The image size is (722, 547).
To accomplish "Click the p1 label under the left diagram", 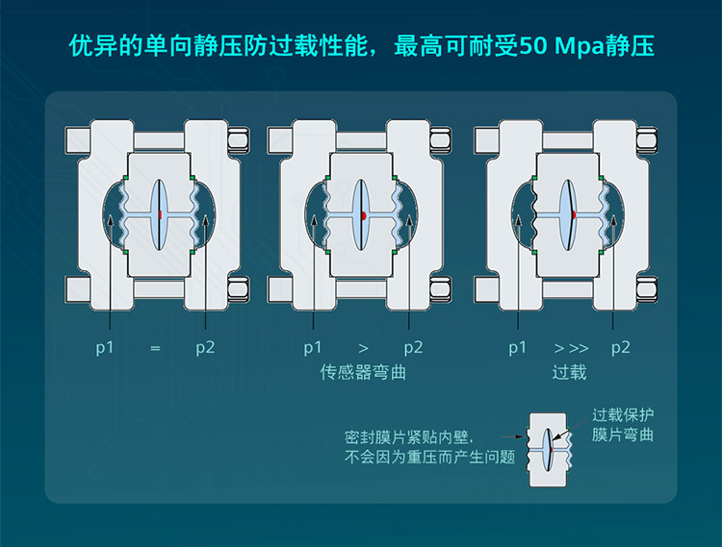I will [105, 347].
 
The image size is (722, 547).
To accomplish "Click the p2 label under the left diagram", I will [205, 347].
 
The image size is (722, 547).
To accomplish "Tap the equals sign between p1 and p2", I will [154, 347].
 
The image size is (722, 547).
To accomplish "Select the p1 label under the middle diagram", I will [313, 347].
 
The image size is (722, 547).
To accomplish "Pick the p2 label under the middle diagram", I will [413, 347].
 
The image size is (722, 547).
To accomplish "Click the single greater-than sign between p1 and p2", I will [363, 347].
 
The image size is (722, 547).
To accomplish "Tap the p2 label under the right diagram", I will [621, 347].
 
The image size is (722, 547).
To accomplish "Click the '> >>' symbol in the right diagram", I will [571, 347].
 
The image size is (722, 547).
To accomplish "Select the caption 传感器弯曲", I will [363, 372].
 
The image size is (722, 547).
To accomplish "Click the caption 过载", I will [570, 372].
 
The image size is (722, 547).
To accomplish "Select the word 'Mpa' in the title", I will [585, 45].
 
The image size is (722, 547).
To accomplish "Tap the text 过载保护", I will [623, 415].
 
